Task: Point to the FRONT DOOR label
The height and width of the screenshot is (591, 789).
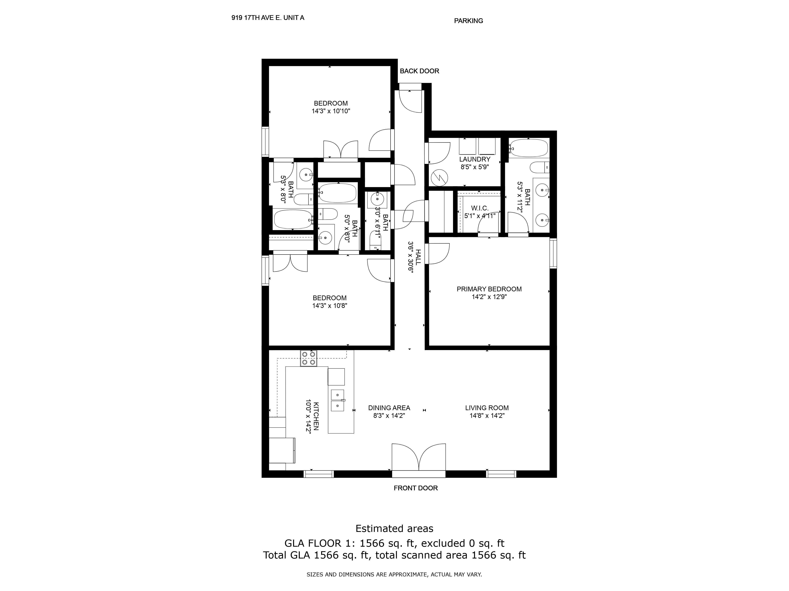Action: pos(416,488)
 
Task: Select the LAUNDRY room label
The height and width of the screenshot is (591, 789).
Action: pos(475,159)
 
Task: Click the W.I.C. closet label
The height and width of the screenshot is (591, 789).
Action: pos(480,208)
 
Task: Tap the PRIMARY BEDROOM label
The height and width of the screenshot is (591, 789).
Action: pos(489,289)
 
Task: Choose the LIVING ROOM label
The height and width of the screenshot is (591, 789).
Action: pos(487,408)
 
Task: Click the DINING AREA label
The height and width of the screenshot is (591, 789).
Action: pos(389,408)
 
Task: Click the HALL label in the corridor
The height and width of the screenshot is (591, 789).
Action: pos(418,257)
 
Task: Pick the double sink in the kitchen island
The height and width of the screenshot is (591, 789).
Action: pos(337,401)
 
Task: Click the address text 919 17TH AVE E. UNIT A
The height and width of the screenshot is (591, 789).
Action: pos(268,18)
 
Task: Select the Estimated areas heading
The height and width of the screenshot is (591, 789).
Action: pos(394,528)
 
